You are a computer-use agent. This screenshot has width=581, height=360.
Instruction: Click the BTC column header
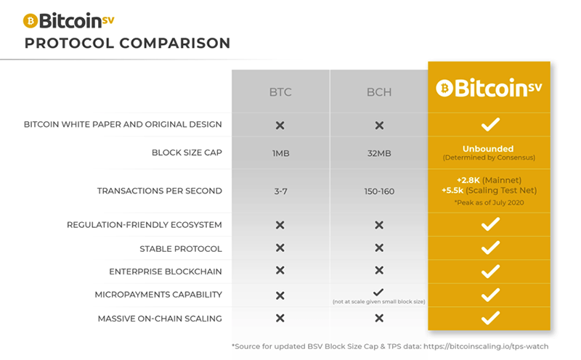click(280, 93)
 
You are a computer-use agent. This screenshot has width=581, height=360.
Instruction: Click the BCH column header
click(378, 93)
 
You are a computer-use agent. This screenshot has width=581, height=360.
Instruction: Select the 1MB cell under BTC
click(280, 153)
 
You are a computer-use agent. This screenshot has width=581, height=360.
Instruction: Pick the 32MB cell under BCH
click(378, 153)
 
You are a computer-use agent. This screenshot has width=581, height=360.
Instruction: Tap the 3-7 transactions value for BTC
click(280, 191)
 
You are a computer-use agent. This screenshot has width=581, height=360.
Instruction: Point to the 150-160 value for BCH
click(378, 191)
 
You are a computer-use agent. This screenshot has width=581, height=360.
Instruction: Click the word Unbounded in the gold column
click(488, 148)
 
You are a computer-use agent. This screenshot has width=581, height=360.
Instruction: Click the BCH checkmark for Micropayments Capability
click(378, 291)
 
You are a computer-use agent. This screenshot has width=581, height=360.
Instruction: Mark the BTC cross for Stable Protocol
click(280, 248)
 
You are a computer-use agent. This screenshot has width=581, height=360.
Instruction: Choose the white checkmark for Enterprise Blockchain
click(490, 271)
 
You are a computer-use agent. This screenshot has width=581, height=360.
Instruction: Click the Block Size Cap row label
click(187, 153)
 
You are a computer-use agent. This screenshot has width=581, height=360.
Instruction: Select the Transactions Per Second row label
click(159, 191)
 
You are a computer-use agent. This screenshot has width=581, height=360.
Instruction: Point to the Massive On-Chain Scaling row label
click(160, 318)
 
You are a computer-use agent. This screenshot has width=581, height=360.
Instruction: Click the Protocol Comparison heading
click(127, 43)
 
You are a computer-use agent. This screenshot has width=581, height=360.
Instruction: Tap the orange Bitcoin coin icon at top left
click(31, 20)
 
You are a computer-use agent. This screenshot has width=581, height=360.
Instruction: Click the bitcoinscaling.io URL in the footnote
click(487, 346)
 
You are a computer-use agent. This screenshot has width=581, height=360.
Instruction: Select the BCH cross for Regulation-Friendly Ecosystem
click(378, 225)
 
